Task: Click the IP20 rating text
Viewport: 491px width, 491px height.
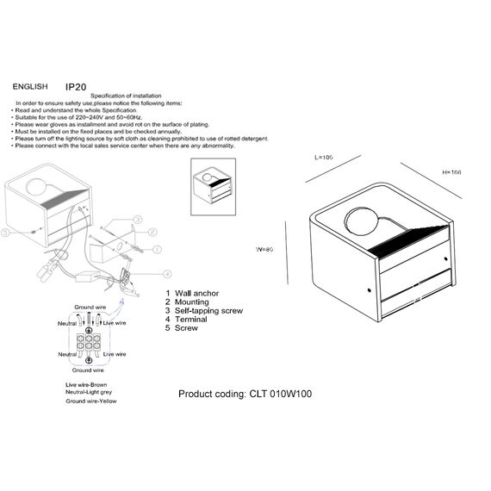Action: pos(76,87)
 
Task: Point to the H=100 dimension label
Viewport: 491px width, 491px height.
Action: pos(451,172)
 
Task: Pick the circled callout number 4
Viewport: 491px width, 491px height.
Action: pos(167,273)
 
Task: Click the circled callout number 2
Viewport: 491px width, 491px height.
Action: pos(152,233)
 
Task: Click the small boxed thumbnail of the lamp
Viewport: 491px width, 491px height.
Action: pos(214,184)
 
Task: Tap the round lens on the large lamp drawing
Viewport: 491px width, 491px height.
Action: pos(359,221)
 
